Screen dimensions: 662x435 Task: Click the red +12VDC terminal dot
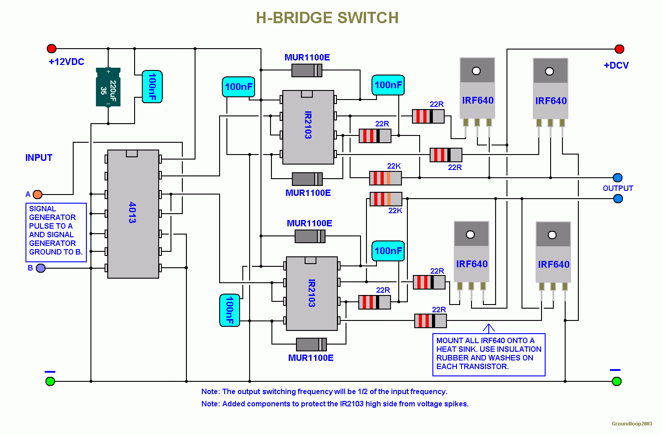click(51, 49)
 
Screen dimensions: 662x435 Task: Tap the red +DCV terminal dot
click(619, 49)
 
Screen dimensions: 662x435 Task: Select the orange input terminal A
click(38, 195)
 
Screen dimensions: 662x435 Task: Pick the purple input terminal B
click(40, 268)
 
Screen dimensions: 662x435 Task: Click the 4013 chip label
click(132, 212)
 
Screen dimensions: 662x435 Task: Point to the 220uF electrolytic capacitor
click(108, 87)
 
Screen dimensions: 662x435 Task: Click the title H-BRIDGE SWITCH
click(327, 18)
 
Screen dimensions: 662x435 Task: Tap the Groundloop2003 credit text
click(632, 424)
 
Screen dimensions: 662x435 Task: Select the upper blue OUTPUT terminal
click(617, 178)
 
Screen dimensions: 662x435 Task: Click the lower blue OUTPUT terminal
click(618, 199)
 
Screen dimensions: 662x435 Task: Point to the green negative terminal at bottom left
click(50, 381)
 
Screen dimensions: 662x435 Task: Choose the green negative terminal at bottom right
click(617, 381)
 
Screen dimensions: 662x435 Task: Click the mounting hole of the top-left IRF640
click(476, 71)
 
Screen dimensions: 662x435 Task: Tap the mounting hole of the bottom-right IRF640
click(552, 235)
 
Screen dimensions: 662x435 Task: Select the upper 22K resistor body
click(386, 178)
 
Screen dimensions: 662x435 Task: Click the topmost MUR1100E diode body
click(307, 70)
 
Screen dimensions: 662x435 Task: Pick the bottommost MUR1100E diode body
click(311, 345)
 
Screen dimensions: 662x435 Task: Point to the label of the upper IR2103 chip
click(308, 125)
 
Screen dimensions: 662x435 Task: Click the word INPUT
click(39, 158)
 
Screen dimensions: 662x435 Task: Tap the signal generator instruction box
click(56, 232)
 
